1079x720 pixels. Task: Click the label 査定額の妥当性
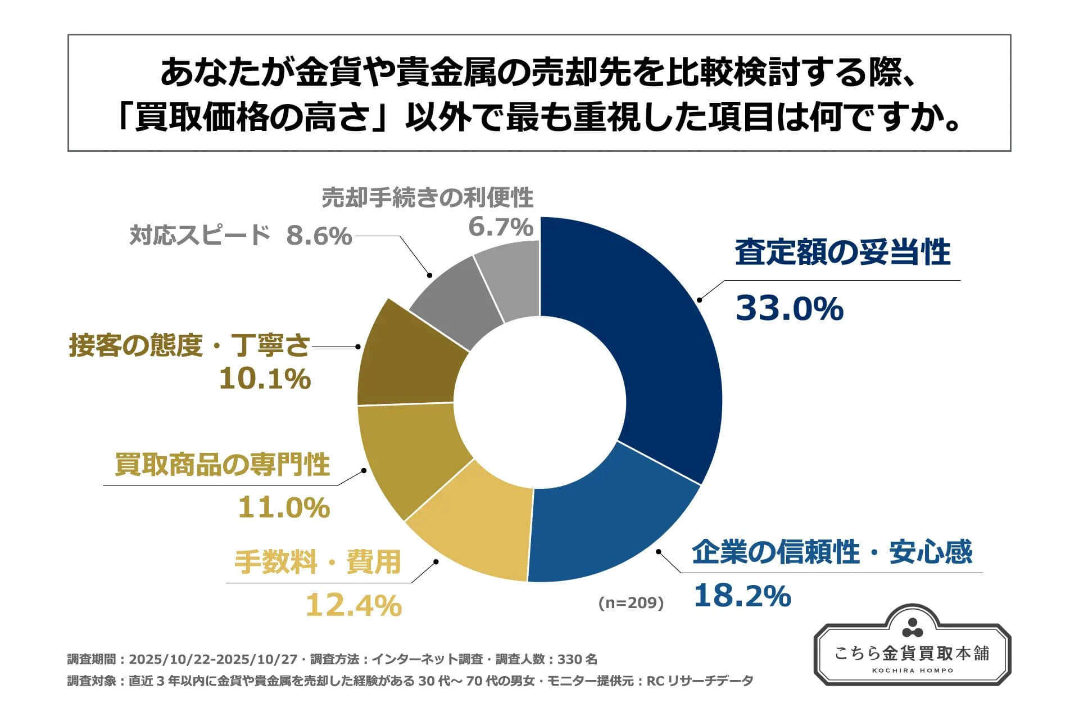[x=842, y=253]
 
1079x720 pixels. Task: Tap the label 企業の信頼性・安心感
[x=832, y=552]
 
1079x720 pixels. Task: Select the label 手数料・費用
[x=318, y=562]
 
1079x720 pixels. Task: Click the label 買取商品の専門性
[x=222, y=465]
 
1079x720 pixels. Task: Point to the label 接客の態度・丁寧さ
[x=189, y=345]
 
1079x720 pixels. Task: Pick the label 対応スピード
[x=200, y=235]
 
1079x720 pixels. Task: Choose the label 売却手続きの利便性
[x=427, y=198]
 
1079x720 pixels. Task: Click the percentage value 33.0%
[x=789, y=309]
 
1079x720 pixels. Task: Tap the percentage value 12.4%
[x=353, y=605]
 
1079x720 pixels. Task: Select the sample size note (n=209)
[x=631, y=603]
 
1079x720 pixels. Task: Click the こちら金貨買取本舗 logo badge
[x=912, y=647]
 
